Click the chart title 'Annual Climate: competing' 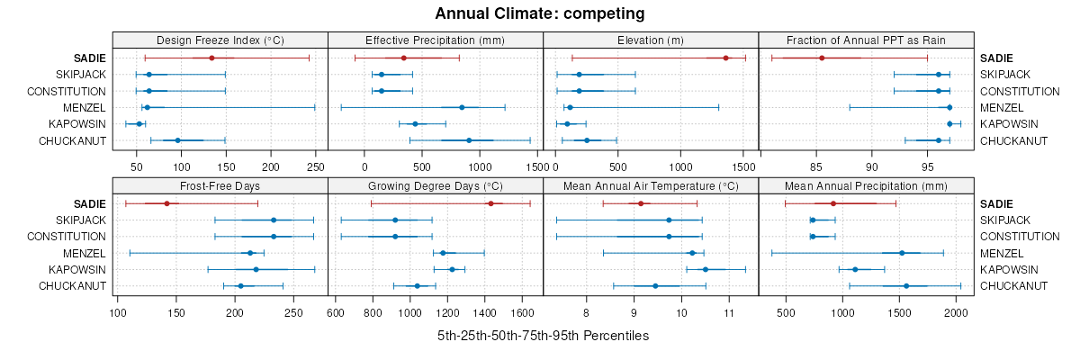tap(540, 13)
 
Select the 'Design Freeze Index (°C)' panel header tap(220, 40)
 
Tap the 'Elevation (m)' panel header tap(651, 40)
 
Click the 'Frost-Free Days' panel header tap(220, 186)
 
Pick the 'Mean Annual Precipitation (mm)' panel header tap(866, 186)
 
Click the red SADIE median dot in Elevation tap(725, 58)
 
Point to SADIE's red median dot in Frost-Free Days tap(167, 203)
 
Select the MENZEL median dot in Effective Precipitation tap(462, 107)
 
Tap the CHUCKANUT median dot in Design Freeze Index tap(177, 140)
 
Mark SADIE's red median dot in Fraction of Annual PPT tap(822, 58)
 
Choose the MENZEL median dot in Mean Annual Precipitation tap(902, 253)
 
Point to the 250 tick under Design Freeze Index tap(315, 166)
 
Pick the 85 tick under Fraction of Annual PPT tap(816, 166)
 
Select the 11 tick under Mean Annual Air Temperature tap(729, 312)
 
